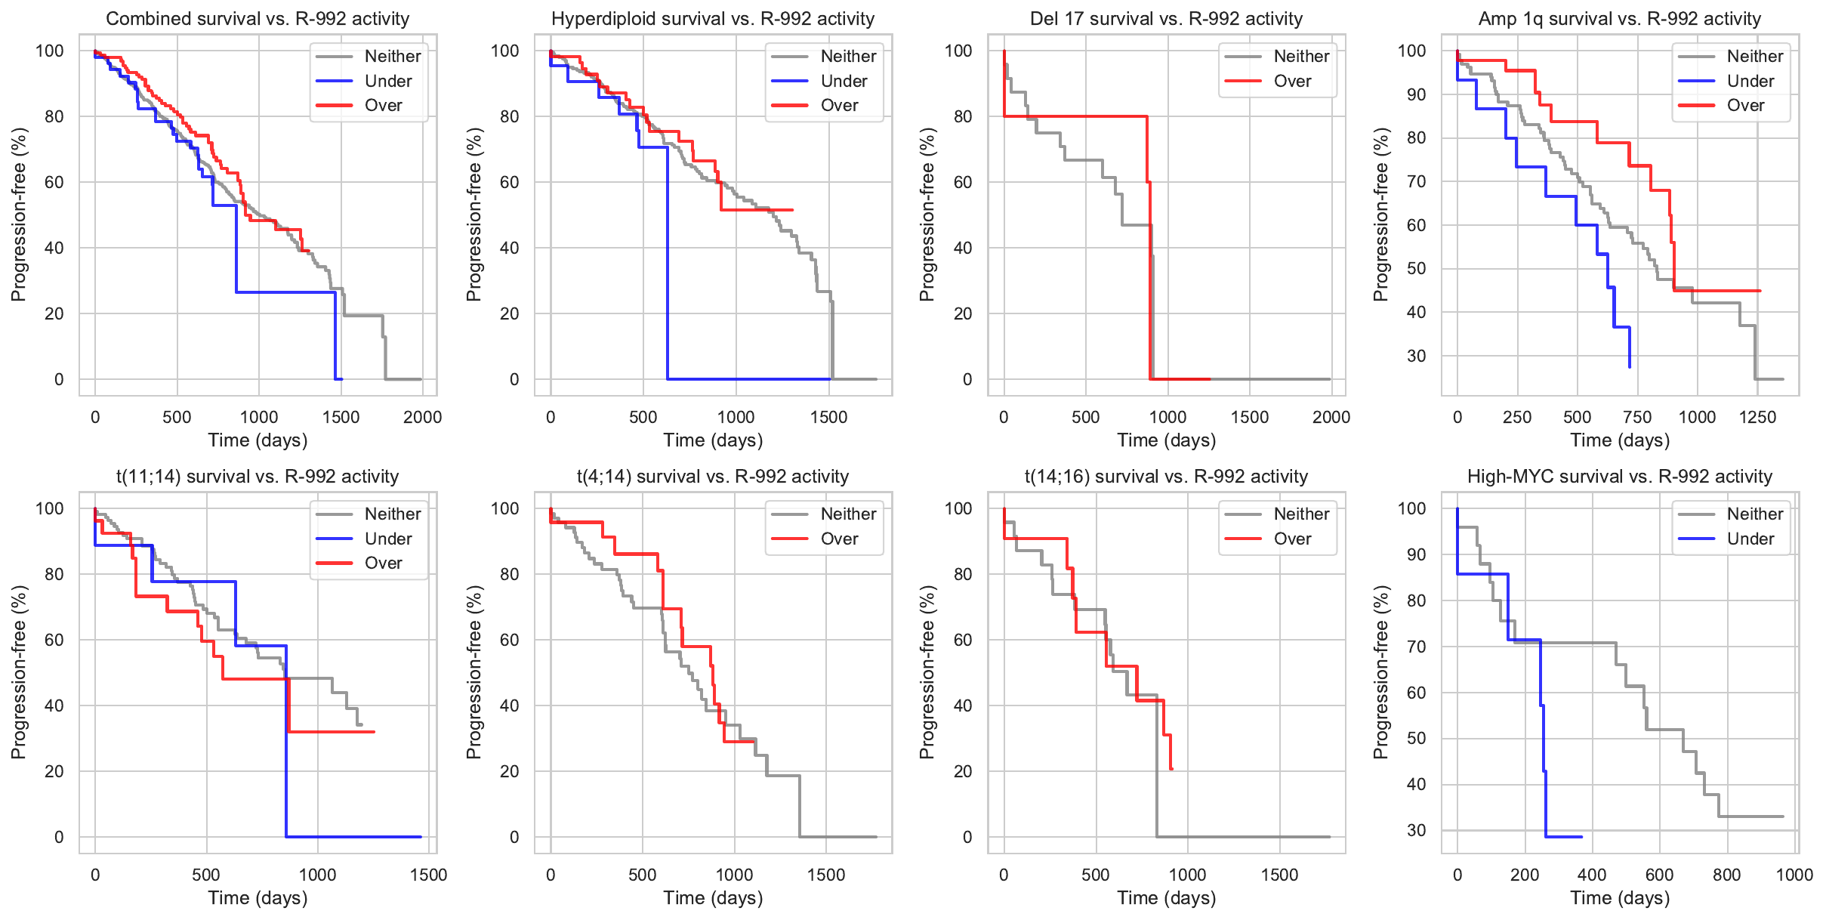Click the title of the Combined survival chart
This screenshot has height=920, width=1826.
(x=258, y=18)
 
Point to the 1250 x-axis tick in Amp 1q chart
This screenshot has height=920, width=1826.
(x=1757, y=417)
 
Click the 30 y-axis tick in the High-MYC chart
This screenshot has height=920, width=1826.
(x=1417, y=830)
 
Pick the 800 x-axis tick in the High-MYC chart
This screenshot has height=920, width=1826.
(x=1727, y=875)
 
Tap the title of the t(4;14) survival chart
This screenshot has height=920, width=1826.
(x=713, y=476)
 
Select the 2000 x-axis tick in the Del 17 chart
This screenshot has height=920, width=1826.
(x=1331, y=417)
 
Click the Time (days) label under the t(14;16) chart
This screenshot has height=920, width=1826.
(x=1167, y=897)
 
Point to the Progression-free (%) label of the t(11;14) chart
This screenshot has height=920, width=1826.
(x=18, y=672)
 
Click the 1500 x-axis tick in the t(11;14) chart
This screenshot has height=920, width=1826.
(x=428, y=875)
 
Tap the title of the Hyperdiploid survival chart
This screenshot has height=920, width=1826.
(x=713, y=18)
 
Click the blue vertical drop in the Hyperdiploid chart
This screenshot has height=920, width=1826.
(x=668, y=264)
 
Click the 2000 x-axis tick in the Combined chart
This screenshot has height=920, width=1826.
(x=422, y=417)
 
